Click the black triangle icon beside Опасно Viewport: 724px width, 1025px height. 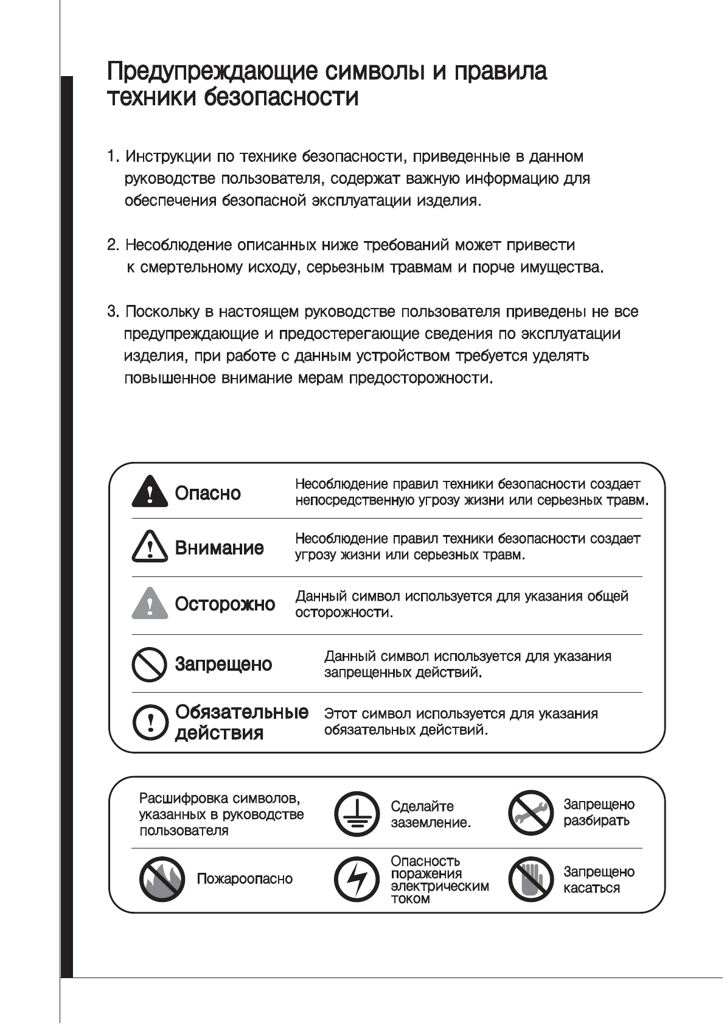(150, 492)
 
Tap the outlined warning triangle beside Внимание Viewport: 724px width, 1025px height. (150, 546)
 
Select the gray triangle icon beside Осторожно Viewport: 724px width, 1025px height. (150, 604)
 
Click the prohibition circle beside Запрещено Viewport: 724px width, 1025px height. (150, 664)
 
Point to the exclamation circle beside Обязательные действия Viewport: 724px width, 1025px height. (150, 722)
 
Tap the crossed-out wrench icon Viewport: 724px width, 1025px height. (530, 813)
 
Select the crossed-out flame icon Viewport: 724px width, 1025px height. (162, 879)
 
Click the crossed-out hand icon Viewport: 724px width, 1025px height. (530, 880)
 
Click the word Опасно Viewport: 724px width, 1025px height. (208, 493)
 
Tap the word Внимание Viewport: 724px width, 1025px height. (220, 548)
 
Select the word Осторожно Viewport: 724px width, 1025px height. (225, 604)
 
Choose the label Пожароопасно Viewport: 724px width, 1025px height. (245, 879)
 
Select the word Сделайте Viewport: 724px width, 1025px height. (422, 806)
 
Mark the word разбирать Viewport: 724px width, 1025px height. (596, 820)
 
